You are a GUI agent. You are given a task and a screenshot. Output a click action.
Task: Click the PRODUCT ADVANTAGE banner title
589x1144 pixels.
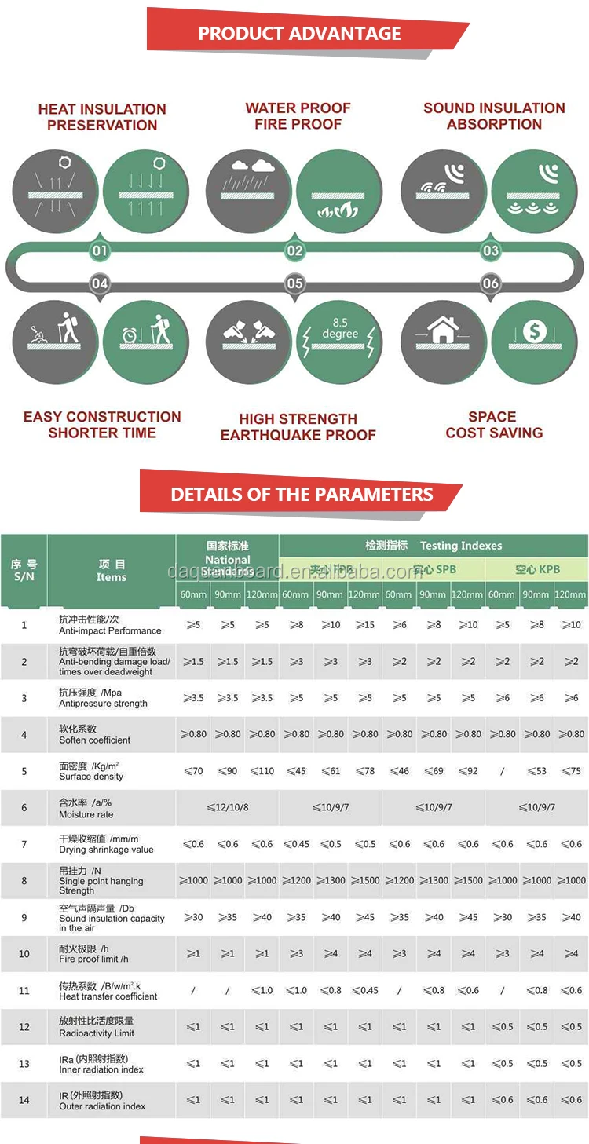[x=299, y=34]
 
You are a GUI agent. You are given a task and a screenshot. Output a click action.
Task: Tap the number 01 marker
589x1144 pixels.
[x=100, y=251]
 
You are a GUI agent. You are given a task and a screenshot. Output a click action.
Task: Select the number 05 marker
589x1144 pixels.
[x=294, y=283]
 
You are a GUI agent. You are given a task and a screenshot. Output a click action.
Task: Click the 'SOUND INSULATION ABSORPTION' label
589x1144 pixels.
[x=494, y=116]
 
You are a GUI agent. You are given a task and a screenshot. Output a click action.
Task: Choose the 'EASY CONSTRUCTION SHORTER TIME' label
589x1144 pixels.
[x=102, y=425]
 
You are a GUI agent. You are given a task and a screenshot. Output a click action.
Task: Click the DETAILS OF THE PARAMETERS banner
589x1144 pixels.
[x=302, y=495]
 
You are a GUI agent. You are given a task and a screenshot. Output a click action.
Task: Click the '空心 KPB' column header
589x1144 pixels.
[x=537, y=569]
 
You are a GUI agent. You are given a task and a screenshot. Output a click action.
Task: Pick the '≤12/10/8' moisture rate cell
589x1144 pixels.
[x=228, y=807]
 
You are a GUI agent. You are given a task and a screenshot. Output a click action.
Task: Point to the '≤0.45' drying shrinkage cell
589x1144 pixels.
[x=296, y=844]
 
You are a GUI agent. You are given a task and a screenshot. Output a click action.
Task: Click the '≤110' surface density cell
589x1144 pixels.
[x=262, y=771]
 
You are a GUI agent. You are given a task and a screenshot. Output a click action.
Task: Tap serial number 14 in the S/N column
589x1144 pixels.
[x=24, y=1100]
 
